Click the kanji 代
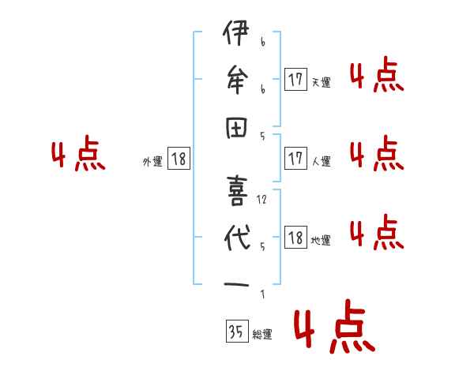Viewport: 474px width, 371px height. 236,238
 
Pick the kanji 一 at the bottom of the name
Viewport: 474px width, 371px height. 236,285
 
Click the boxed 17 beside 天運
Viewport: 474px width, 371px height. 295,79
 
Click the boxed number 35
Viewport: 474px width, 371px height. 235,332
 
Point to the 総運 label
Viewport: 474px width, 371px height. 261,335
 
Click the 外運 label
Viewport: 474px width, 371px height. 152,162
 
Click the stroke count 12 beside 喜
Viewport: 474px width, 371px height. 262,200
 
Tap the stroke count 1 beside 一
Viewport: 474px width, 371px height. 262,294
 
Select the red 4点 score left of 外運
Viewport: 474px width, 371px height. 78,156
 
